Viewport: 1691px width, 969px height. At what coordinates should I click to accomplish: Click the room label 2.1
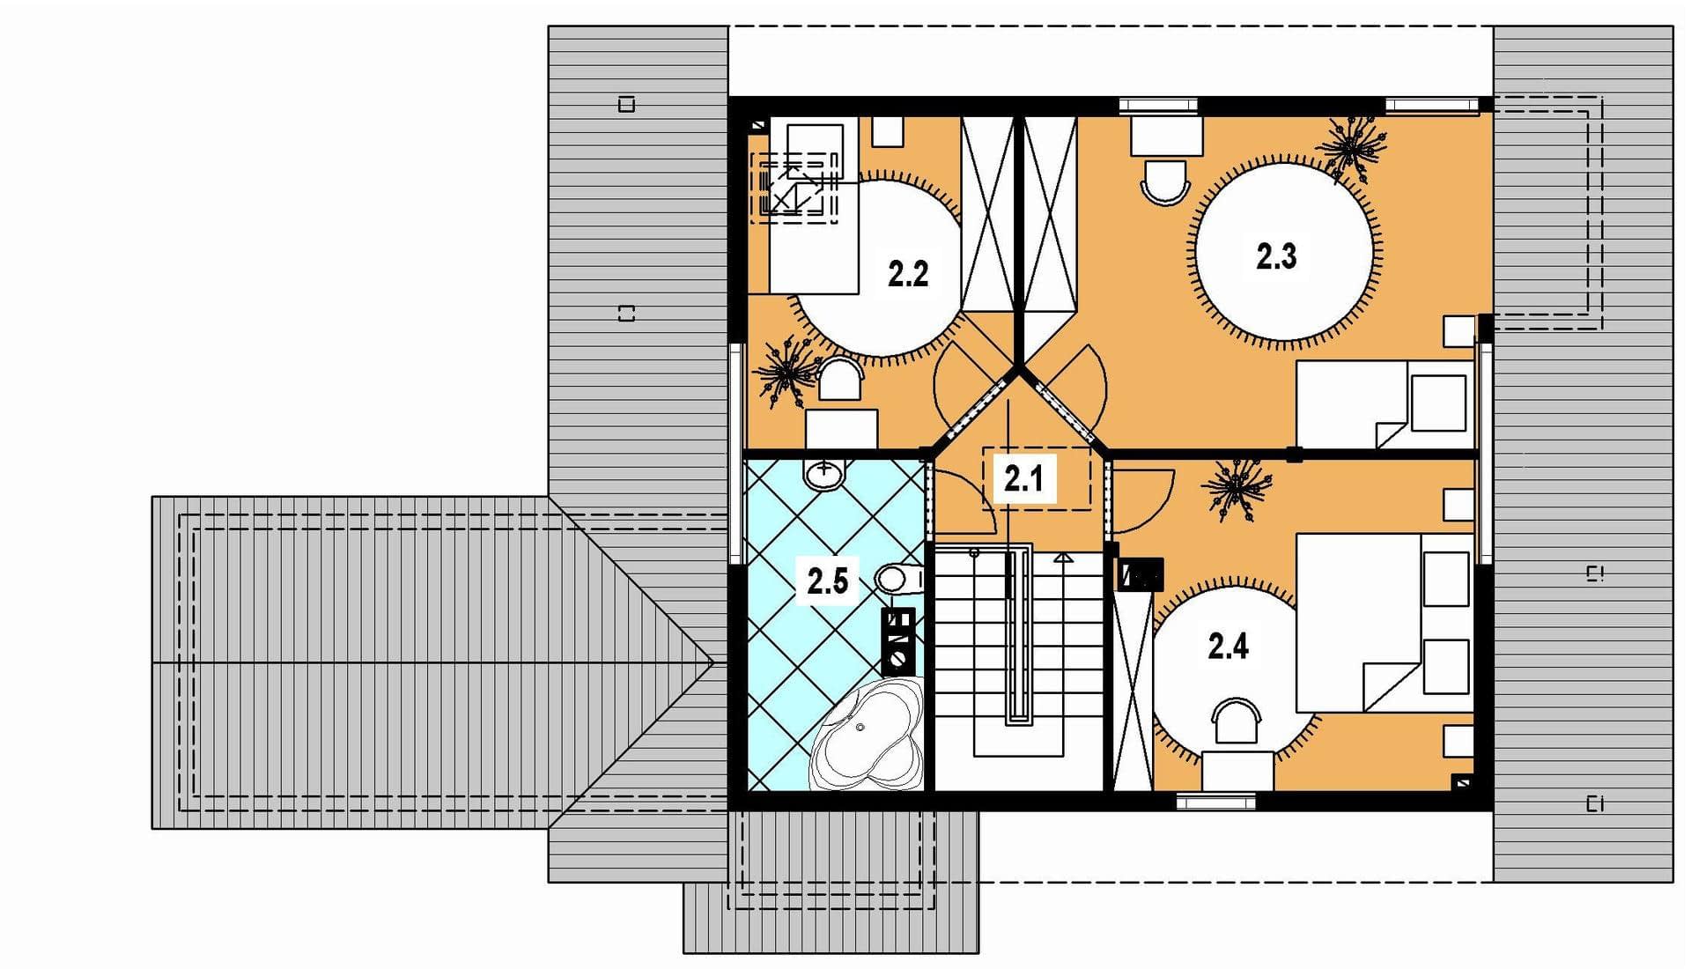click(1023, 479)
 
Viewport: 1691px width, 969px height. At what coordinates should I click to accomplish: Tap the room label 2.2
click(908, 274)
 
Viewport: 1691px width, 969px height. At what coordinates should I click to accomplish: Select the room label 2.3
click(1276, 256)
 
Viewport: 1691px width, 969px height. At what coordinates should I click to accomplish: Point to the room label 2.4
click(1228, 647)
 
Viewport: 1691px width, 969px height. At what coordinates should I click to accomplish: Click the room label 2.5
click(828, 581)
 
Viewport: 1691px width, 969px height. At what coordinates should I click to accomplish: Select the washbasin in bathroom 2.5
click(824, 474)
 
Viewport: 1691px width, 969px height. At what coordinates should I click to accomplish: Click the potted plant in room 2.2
click(786, 369)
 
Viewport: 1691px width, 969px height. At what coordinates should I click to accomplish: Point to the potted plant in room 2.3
click(1350, 147)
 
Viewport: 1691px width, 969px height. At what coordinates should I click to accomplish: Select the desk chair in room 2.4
click(1237, 721)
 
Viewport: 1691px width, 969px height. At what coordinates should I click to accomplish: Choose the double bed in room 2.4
click(1385, 621)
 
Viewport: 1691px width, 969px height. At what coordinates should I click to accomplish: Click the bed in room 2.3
click(1385, 404)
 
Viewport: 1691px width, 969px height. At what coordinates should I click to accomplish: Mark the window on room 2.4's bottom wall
click(1216, 802)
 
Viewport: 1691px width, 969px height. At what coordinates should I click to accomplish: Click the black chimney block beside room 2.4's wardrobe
click(1141, 575)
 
